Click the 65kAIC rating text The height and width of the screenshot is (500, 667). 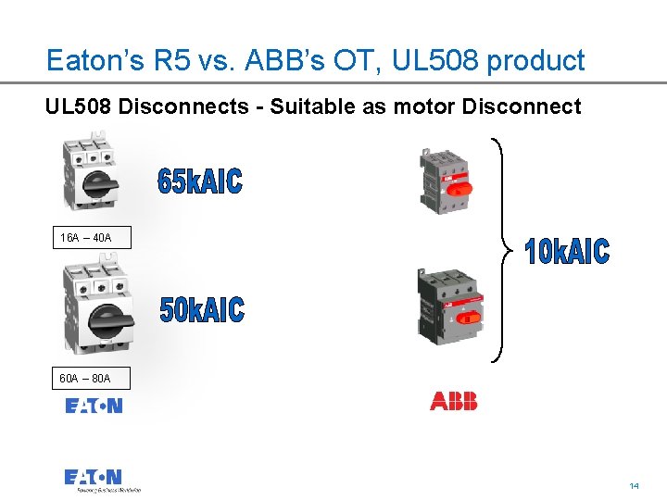click(200, 181)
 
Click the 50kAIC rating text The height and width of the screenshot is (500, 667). click(202, 310)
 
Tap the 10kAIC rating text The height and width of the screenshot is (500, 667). click(567, 251)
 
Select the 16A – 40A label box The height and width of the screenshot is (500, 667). click(85, 238)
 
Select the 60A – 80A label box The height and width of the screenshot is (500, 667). click(85, 378)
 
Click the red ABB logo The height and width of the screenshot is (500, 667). click(454, 401)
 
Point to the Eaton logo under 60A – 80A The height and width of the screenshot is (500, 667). click(94, 406)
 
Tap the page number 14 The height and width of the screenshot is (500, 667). click(635, 485)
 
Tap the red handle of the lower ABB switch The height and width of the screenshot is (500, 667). click(469, 316)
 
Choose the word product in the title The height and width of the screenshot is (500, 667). click(536, 61)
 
